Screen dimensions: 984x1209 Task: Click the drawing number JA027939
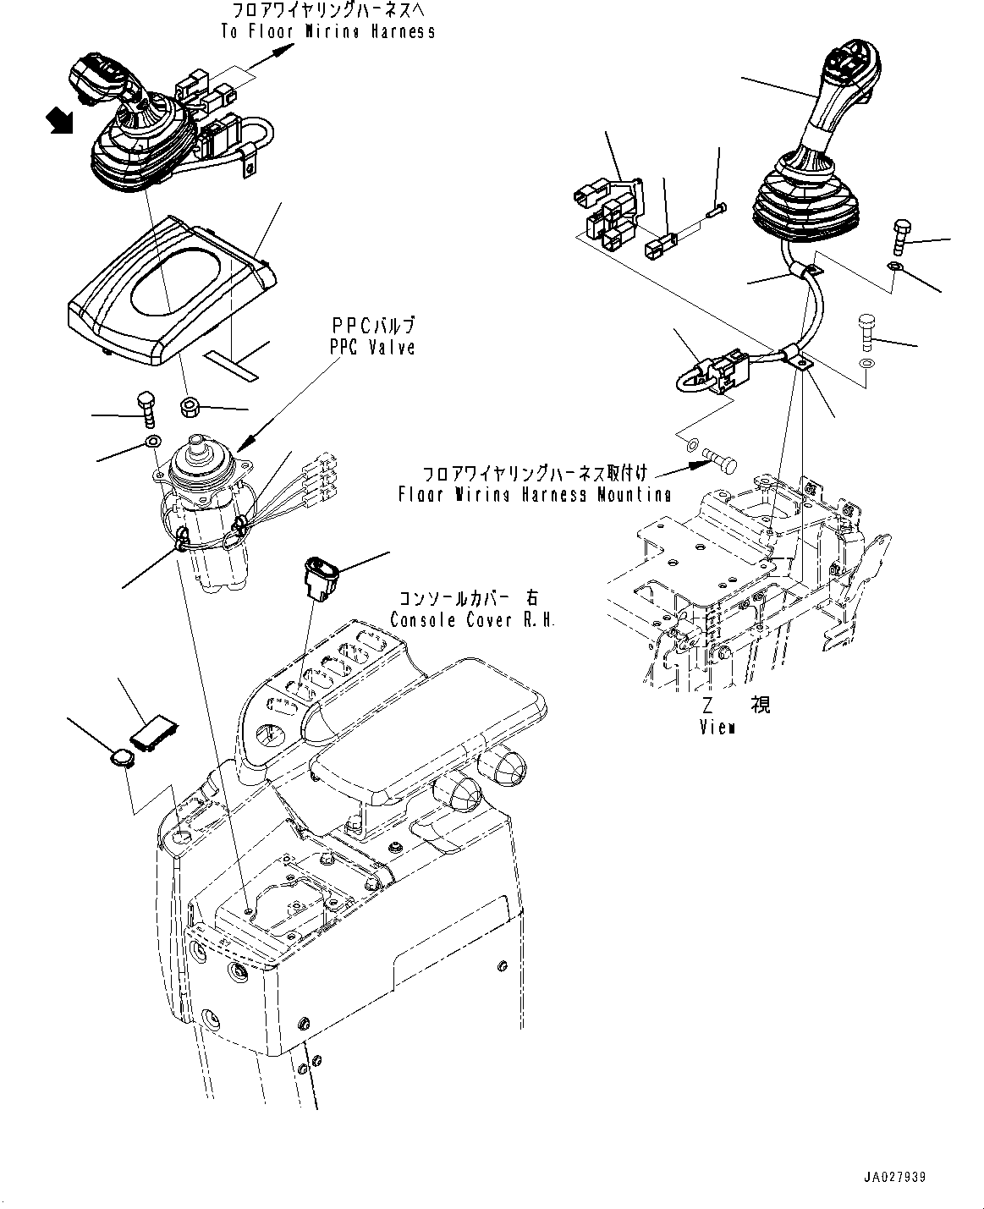point(895,1177)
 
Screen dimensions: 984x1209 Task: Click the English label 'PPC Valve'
point(372,348)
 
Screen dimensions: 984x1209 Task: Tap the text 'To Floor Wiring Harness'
point(328,31)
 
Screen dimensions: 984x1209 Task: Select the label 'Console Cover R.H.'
point(473,620)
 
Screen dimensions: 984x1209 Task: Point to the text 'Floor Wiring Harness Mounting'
point(535,494)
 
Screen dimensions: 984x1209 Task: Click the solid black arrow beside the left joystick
point(61,121)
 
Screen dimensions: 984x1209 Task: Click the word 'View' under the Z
point(717,727)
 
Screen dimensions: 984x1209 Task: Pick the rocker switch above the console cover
point(322,577)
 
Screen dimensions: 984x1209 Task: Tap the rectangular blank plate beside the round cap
point(154,736)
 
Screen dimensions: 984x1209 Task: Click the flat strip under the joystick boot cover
point(232,365)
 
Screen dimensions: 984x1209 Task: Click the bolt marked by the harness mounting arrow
point(720,460)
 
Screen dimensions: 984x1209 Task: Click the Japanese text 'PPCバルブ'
point(373,326)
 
